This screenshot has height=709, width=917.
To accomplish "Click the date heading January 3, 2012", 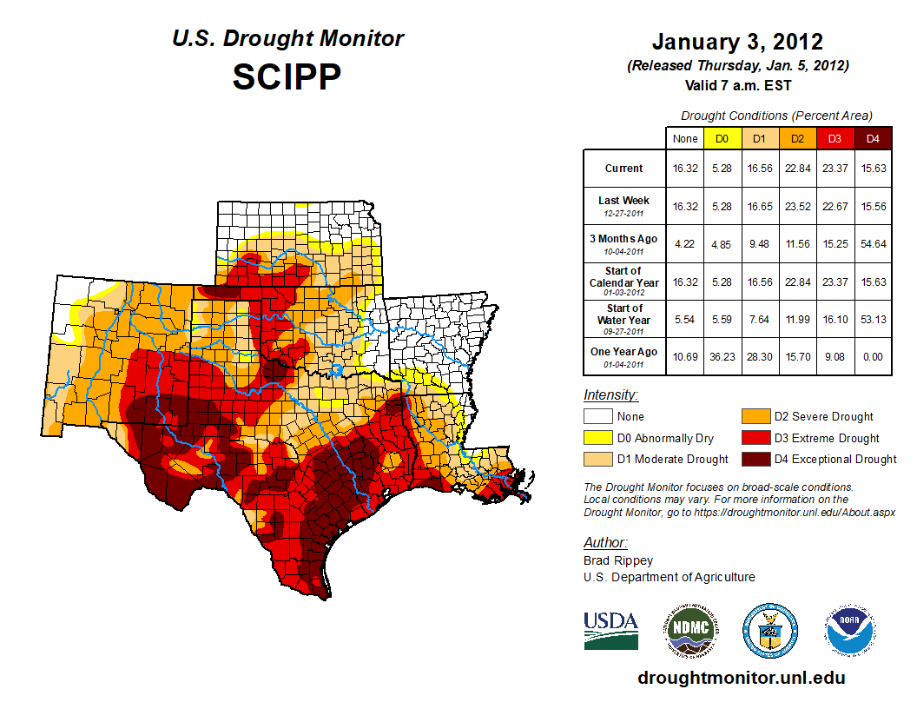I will coord(737,42).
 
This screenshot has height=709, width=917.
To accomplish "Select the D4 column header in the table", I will coord(873,138).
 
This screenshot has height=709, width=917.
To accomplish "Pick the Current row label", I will coord(624,169).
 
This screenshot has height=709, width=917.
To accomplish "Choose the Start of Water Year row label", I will coord(624,319).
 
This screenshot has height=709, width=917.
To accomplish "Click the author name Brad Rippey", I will coord(618,560).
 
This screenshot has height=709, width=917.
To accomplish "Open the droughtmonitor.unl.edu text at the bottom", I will coord(741,678).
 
